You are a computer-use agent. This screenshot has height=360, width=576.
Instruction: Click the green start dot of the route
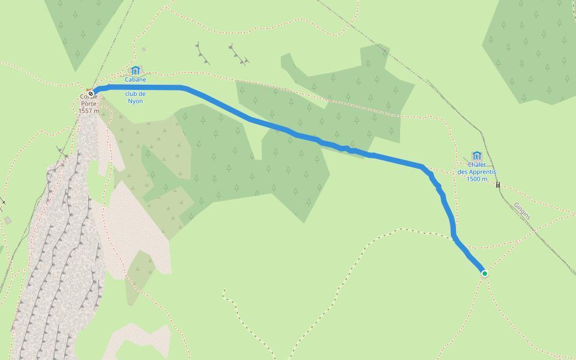click(x=484, y=274)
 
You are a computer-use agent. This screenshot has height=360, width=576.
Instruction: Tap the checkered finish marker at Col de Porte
click(x=91, y=94)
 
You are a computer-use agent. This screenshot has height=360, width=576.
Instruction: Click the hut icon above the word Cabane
click(x=136, y=70)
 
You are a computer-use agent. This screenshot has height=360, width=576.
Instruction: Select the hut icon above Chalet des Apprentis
click(x=477, y=155)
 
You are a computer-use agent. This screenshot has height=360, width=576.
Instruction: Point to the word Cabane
click(x=136, y=79)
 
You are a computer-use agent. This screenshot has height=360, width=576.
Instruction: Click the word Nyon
click(x=136, y=101)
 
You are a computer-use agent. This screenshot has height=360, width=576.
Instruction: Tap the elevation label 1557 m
click(x=89, y=111)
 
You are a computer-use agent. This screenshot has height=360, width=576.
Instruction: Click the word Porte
click(x=89, y=104)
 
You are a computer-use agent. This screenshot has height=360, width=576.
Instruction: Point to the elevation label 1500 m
click(x=477, y=179)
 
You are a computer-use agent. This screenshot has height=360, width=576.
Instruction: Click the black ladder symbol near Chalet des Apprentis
click(x=498, y=184)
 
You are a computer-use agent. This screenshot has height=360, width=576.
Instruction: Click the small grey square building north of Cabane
click(x=143, y=49)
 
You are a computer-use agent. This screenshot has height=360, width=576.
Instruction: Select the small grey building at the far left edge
click(x=8, y=220)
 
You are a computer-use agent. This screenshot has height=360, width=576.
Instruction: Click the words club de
click(x=136, y=94)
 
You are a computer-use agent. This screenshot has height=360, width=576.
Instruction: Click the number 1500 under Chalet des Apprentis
click(x=473, y=179)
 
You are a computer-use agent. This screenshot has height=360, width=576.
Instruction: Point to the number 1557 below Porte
click(x=85, y=111)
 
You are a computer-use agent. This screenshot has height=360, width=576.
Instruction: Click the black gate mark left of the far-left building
click(x=3, y=202)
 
